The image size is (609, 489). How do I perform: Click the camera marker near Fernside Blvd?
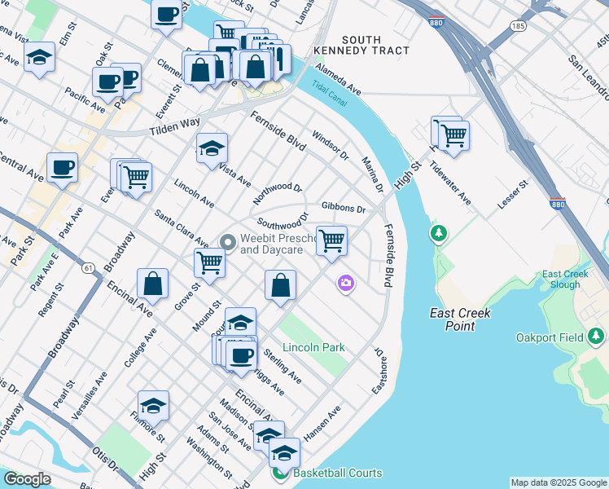(x=346, y=283)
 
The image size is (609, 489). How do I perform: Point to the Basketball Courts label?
(x=337, y=473)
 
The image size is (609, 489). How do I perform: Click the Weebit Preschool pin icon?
(x=228, y=241)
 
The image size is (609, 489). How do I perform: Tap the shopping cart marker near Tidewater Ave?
(x=453, y=134)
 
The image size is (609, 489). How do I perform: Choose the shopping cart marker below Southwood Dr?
(x=331, y=240)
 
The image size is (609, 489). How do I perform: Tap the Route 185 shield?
(x=518, y=27)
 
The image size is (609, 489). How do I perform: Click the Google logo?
(x=27, y=479)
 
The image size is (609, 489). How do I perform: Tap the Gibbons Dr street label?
(x=344, y=208)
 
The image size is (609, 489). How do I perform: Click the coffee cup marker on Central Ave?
(x=63, y=167)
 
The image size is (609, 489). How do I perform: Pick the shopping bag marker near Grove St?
(x=152, y=284)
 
